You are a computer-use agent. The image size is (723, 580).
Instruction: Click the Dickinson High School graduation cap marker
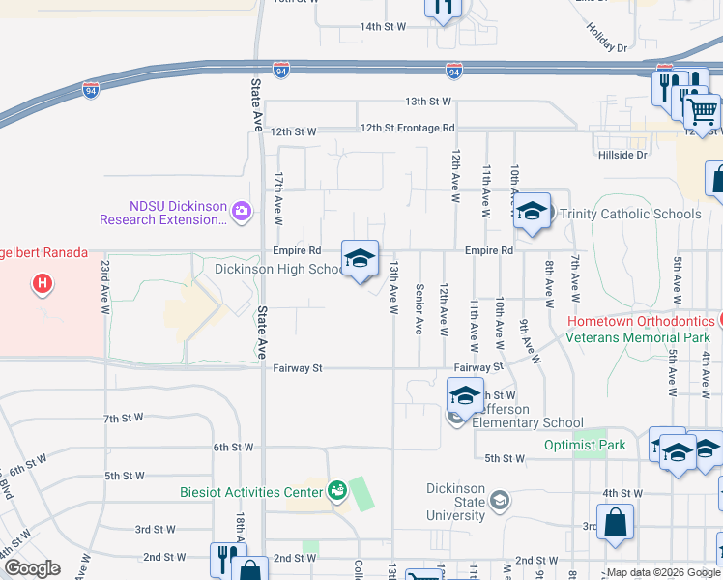(360, 259)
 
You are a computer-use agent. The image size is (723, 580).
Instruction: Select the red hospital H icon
(43, 284)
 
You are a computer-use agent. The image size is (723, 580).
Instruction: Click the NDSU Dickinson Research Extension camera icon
(242, 211)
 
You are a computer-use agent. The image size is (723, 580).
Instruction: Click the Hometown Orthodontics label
(640, 321)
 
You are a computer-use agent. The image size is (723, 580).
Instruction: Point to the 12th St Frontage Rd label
(406, 128)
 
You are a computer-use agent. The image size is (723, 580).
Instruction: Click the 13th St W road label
(428, 101)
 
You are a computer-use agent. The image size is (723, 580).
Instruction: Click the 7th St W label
(124, 419)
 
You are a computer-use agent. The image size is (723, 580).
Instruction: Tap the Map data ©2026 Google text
(662, 572)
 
